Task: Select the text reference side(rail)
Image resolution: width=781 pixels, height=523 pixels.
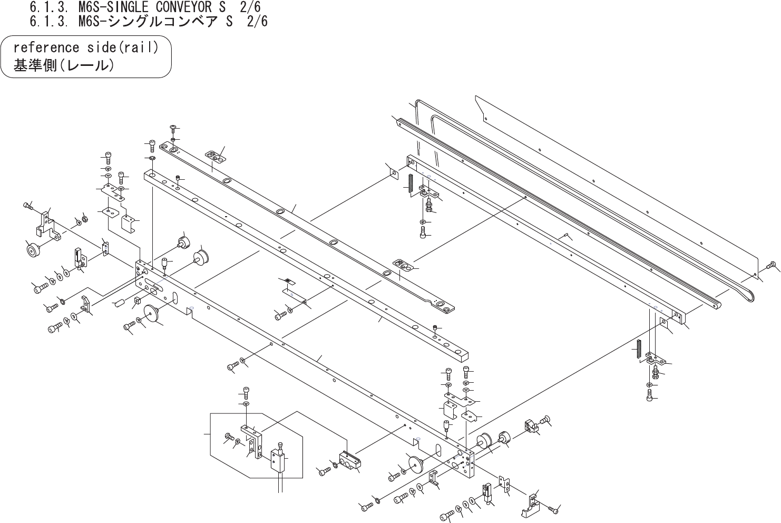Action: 85,47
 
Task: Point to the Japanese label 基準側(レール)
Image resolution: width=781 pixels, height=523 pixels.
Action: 63,66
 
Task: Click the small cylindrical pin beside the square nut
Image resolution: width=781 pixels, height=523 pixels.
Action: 119,303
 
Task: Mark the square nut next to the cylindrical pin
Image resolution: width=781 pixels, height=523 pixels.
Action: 136,301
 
